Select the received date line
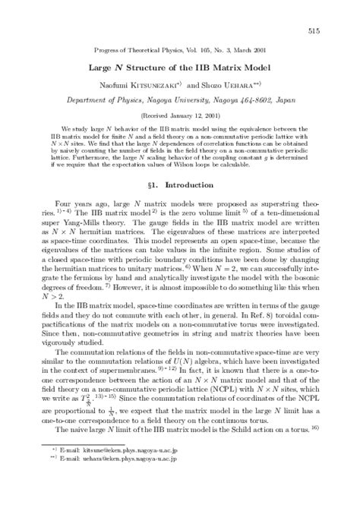179,116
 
